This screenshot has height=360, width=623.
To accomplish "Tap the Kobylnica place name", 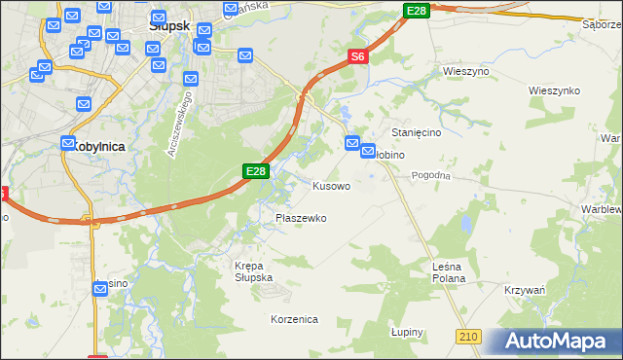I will [97, 145].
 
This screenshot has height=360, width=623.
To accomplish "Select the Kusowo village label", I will [331, 185].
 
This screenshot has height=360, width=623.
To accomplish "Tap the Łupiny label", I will [408, 332].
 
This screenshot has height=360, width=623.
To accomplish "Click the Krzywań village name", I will [525, 291].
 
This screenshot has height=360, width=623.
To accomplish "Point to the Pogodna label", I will [431, 175].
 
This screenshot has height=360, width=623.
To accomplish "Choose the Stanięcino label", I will [418, 131].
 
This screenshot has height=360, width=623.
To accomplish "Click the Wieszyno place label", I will [465, 72].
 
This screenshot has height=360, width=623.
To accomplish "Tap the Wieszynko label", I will [554, 90].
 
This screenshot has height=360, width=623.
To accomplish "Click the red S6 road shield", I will [357, 57].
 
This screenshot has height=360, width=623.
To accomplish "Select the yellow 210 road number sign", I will [469, 336].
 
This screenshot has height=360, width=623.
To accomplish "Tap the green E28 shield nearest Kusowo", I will [254, 171].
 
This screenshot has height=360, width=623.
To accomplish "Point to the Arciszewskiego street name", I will [181, 127].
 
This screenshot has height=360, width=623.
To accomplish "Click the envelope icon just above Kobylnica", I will [68, 142].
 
